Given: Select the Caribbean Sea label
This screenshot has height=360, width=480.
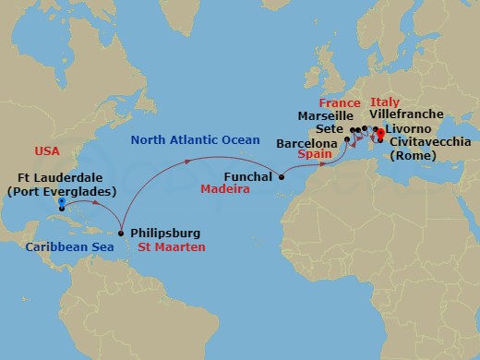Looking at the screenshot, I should coord(63,246).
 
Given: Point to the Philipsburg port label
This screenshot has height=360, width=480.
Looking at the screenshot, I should coord(165,233).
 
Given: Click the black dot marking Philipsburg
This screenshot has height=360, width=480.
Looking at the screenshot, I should coord(121,233).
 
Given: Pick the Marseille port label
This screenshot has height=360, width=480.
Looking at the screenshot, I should coord(326,116).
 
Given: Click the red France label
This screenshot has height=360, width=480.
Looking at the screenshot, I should coord(339,102).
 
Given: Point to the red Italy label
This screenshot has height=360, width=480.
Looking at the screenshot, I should coord(384,102).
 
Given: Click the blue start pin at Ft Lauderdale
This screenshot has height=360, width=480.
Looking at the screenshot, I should coord(61,201).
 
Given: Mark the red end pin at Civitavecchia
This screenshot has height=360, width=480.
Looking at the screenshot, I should coord(378,133).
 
